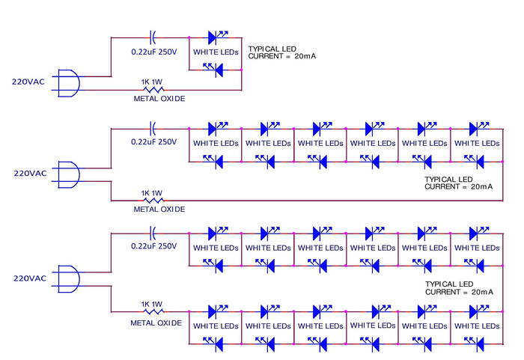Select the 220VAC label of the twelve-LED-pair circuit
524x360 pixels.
coord(30,278)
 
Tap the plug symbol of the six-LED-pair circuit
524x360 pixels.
coord(69,174)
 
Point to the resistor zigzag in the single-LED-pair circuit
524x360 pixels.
coord(154,89)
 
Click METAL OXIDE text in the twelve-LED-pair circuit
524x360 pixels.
coord(156,323)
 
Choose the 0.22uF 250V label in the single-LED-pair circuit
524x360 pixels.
coord(154,52)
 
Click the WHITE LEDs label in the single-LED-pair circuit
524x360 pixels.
coord(216,52)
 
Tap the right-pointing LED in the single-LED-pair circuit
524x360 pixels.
coord(214,36)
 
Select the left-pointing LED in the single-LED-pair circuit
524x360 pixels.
coord(217,69)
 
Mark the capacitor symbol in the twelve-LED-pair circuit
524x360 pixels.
coord(153,232)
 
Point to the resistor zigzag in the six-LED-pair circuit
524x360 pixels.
coord(153,201)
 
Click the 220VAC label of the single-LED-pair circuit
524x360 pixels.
coord(29,79)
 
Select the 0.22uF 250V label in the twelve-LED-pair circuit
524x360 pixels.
coord(154,246)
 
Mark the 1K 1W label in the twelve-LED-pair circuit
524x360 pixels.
coord(152,304)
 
